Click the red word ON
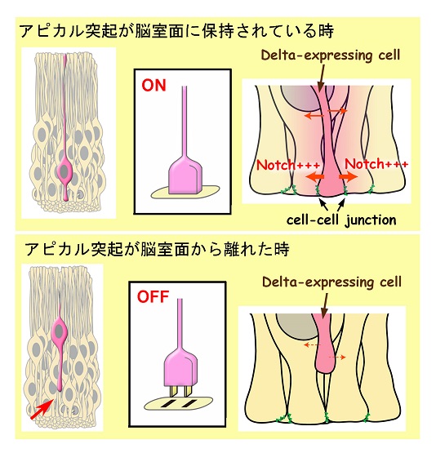pyautogui.click(x=153, y=85)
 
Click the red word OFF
pyautogui.click(x=153, y=296)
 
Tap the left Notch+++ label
pyautogui.click(x=288, y=165)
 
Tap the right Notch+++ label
pyautogui.click(x=376, y=164)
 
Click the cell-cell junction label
pyautogui.click(x=341, y=220)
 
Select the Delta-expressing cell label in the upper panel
pyautogui.click(x=331, y=55)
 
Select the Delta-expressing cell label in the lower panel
pyautogui.click(x=332, y=282)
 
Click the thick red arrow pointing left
pyautogui.click(x=315, y=176)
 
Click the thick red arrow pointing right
pyautogui.click(x=348, y=176)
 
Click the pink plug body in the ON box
pyautogui.click(x=185, y=175)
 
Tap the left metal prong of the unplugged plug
pyautogui.click(x=174, y=392)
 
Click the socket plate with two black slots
pyautogui.click(x=179, y=403)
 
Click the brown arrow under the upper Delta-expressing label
pyautogui.click(x=321, y=78)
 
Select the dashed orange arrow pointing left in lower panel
pyautogui.click(x=312, y=344)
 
